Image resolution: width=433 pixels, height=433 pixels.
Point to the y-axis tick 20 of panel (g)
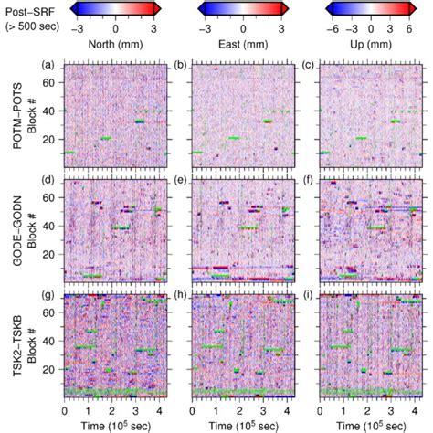coord(56,367)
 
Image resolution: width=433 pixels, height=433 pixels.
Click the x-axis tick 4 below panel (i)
coord(415,411)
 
